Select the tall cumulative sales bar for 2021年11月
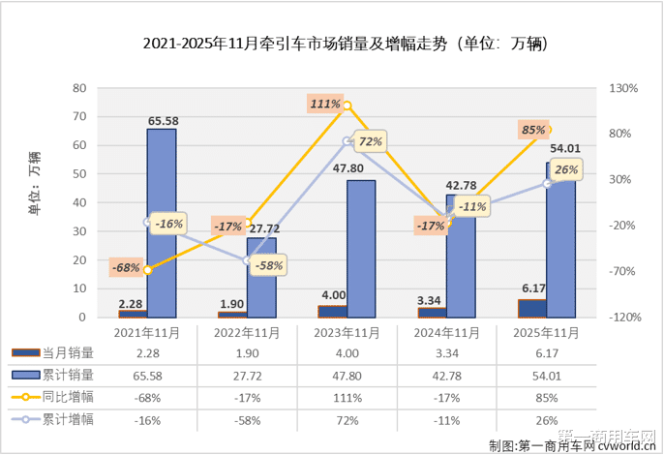click(162, 223)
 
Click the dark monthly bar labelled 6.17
click(532, 308)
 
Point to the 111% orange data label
click(325, 104)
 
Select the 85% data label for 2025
click(532, 130)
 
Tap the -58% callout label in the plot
click(271, 265)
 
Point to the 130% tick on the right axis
click(624, 88)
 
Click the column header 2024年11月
click(445, 332)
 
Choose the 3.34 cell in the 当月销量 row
click(445, 352)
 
